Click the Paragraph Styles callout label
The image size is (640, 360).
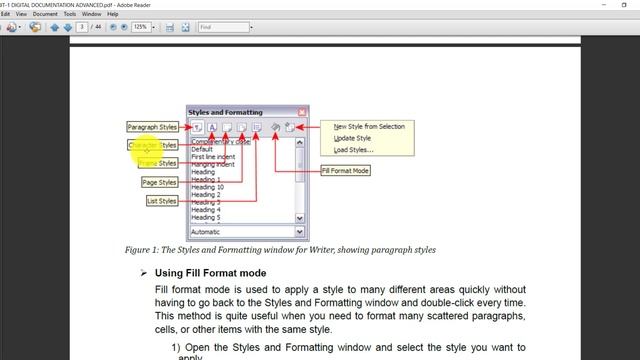click(x=153, y=127)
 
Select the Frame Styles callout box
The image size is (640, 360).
click(x=158, y=163)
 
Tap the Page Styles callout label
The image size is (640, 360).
click(x=160, y=183)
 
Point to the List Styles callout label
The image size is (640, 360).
click(x=162, y=201)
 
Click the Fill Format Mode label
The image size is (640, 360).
click(x=346, y=171)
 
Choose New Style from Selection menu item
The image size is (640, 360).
click(x=368, y=127)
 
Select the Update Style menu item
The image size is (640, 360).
click(x=351, y=138)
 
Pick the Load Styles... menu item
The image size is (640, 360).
click(x=353, y=150)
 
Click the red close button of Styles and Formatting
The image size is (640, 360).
click(x=302, y=112)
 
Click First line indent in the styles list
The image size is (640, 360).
click(x=215, y=157)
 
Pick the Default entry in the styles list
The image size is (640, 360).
click(x=202, y=149)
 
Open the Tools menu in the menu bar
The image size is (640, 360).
click(x=69, y=15)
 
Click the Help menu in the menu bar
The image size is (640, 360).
click(x=118, y=15)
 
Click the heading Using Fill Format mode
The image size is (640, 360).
click(x=209, y=273)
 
